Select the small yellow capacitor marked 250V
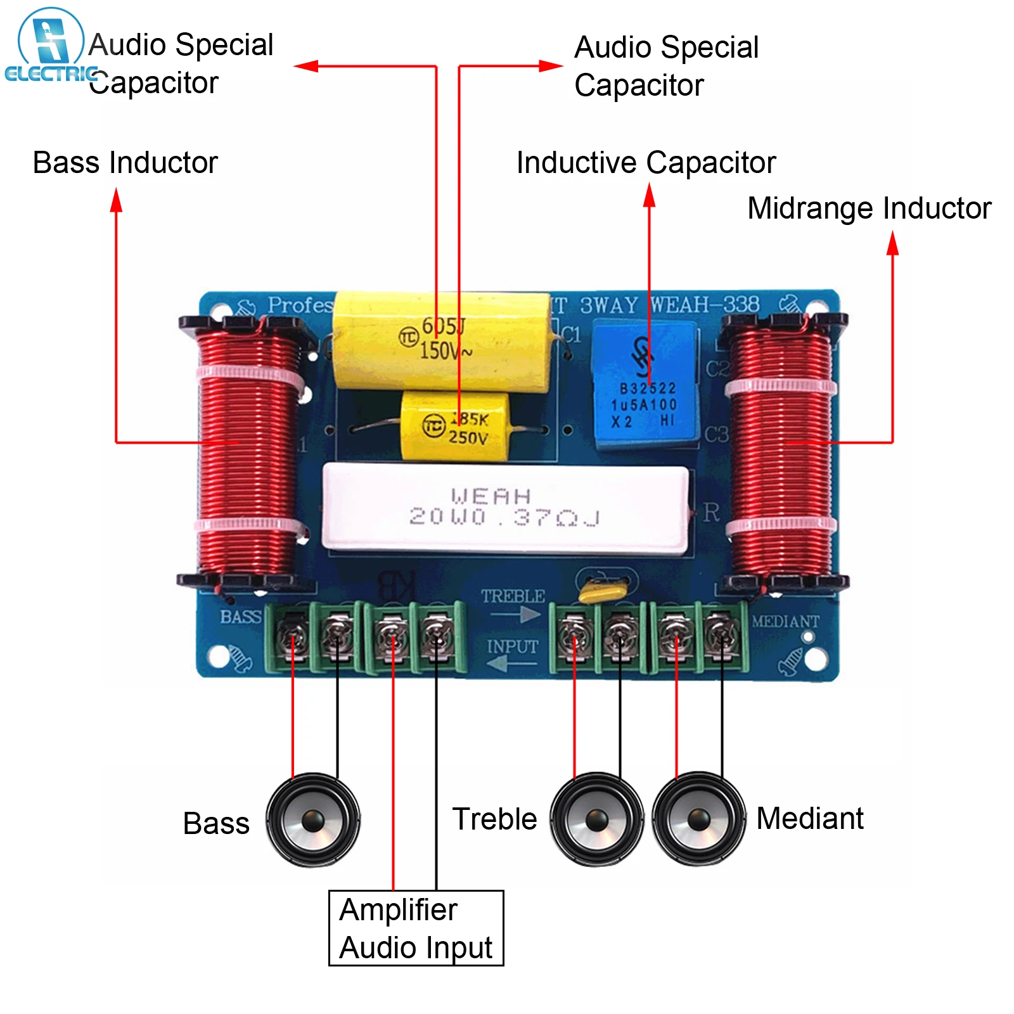[x=455, y=426]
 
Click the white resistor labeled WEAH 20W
[x=504, y=507]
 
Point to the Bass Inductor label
[x=125, y=163]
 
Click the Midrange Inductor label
[x=869, y=209]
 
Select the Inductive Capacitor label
[x=646, y=163]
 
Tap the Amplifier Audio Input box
[x=416, y=928]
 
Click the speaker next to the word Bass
[x=313, y=819]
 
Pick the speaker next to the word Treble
[x=596, y=819]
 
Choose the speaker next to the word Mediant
[x=698, y=819]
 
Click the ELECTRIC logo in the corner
[x=50, y=48]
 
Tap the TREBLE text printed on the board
[x=513, y=596]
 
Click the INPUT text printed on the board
[x=512, y=647]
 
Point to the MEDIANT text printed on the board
[x=785, y=622]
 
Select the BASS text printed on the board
[x=240, y=617]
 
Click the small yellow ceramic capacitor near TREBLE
[x=603, y=590]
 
